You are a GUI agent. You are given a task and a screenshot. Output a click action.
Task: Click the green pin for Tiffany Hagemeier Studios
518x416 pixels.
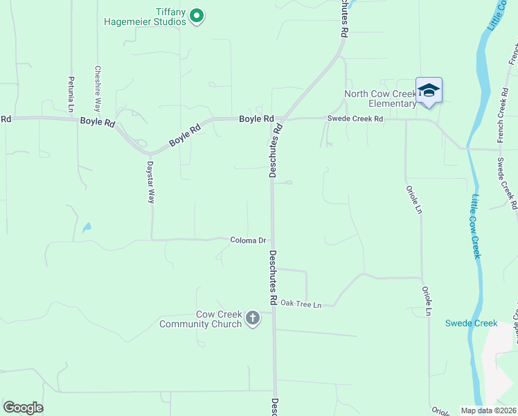(196, 15)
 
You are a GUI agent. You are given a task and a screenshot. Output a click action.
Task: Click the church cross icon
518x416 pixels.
(253, 318)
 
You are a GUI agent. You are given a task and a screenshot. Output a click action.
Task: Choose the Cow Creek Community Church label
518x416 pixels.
(201, 319)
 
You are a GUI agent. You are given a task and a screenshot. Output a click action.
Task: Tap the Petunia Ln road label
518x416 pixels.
(71, 94)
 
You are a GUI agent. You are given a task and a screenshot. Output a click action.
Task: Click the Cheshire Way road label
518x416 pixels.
(98, 89)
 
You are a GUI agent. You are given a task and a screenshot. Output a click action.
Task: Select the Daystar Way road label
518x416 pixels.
(150, 182)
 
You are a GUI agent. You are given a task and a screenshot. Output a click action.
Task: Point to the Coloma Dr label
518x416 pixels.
(248, 241)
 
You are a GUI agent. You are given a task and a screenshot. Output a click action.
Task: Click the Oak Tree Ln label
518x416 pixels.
(301, 304)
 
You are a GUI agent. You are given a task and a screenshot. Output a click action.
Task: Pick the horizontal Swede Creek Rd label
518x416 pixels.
(355, 119)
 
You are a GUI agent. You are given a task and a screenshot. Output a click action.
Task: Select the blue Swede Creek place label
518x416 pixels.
(471, 323)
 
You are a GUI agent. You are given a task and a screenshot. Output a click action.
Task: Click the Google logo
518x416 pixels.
(23, 408)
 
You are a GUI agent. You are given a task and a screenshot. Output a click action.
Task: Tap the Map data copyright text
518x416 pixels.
(488, 410)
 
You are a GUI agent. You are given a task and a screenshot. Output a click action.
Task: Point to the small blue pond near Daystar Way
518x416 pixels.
(86, 227)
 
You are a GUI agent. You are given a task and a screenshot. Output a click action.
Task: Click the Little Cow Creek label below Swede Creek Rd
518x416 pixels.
(476, 226)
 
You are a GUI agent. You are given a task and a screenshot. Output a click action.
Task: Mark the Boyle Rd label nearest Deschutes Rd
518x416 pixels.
(256, 119)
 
